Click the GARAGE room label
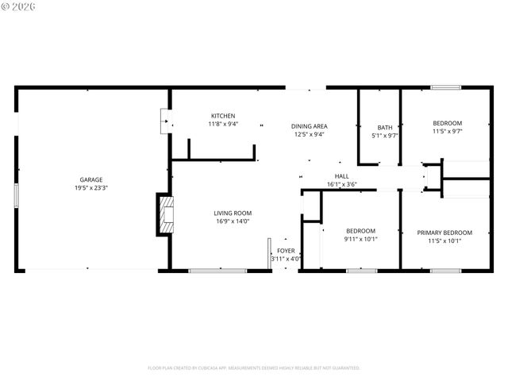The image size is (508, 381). tap(90, 179)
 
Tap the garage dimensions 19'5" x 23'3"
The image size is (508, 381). tap(90, 189)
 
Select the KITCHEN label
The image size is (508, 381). tap(223, 115)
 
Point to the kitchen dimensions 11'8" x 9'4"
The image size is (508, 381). tap(223, 124)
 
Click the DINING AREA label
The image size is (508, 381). tap(309, 125)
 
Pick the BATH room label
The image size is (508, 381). tap(384, 127)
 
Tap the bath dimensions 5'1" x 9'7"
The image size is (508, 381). tap(384, 136)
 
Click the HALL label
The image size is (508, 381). tap(341, 176)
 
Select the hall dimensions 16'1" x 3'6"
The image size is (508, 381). tap(341, 185)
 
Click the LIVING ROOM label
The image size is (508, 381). tap(233, 213)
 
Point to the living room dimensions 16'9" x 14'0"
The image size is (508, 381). tap(233, 221)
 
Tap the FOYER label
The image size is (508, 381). tap(286, 250)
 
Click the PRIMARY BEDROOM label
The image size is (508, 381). tap(444, 233)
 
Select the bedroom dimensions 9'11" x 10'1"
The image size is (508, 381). tap(361, 239)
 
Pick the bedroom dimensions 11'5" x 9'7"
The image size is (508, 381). tap(447, 132)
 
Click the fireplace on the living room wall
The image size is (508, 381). tap(164, 215)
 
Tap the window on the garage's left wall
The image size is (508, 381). tap(16, 195)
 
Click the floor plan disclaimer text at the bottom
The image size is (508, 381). tap(254, 368)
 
